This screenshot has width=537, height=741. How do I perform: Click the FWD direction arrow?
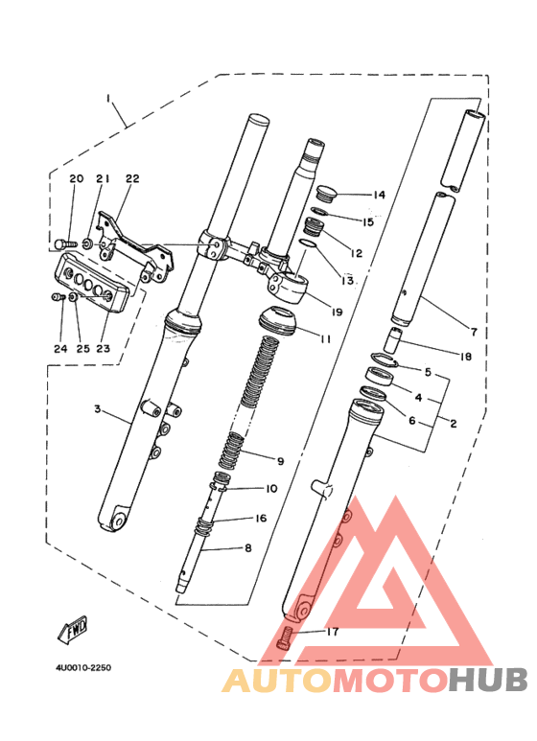pos(73,630)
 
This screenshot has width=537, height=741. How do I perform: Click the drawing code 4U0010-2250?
pos(83,668)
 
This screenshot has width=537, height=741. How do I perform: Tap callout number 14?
pos(379,195)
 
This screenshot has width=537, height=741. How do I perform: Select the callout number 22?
pos(132,178)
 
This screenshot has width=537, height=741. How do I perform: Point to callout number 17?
pos(333,632)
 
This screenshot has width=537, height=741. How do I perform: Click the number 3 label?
pos(98,408)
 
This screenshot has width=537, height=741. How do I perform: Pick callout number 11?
pos(325,339)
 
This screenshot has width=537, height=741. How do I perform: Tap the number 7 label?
pos(474,332)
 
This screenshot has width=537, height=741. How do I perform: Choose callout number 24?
pos(60,349)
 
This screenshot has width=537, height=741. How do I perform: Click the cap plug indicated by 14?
pos(327,193)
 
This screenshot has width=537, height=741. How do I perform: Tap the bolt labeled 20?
pos(65,244)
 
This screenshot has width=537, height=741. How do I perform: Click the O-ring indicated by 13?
pos(309,243)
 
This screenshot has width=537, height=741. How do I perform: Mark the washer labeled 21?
pos(86,244)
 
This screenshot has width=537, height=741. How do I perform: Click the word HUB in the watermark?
pos(488,680)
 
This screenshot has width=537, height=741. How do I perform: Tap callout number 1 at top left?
pos(108,100)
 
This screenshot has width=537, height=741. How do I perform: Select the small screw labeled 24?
pos(58,297)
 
